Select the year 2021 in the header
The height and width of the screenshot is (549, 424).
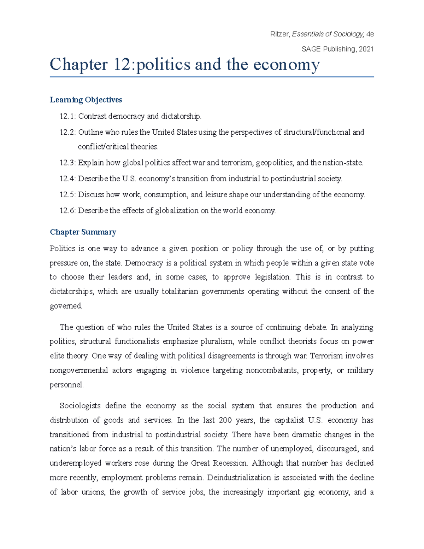[x=366, y=49]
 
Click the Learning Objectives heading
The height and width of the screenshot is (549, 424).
[x=86, y=100]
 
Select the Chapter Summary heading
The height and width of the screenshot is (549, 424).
[x=83, y=232]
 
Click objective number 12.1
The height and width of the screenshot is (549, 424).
[x=67, y=116]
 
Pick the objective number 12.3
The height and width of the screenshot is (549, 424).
[x=67, y=163]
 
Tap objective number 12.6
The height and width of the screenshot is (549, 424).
[x=67, y=211]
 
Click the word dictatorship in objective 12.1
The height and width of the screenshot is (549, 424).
[x=181, y=116]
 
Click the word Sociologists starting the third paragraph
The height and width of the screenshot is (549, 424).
[x=80, y=406]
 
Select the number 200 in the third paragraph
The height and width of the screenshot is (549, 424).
[x=225, y=420]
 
